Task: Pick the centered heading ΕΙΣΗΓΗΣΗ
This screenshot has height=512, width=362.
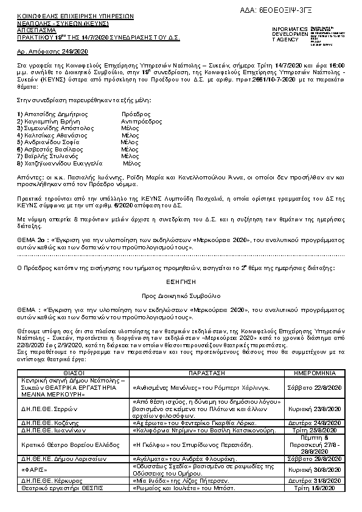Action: (x=181, y=283)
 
